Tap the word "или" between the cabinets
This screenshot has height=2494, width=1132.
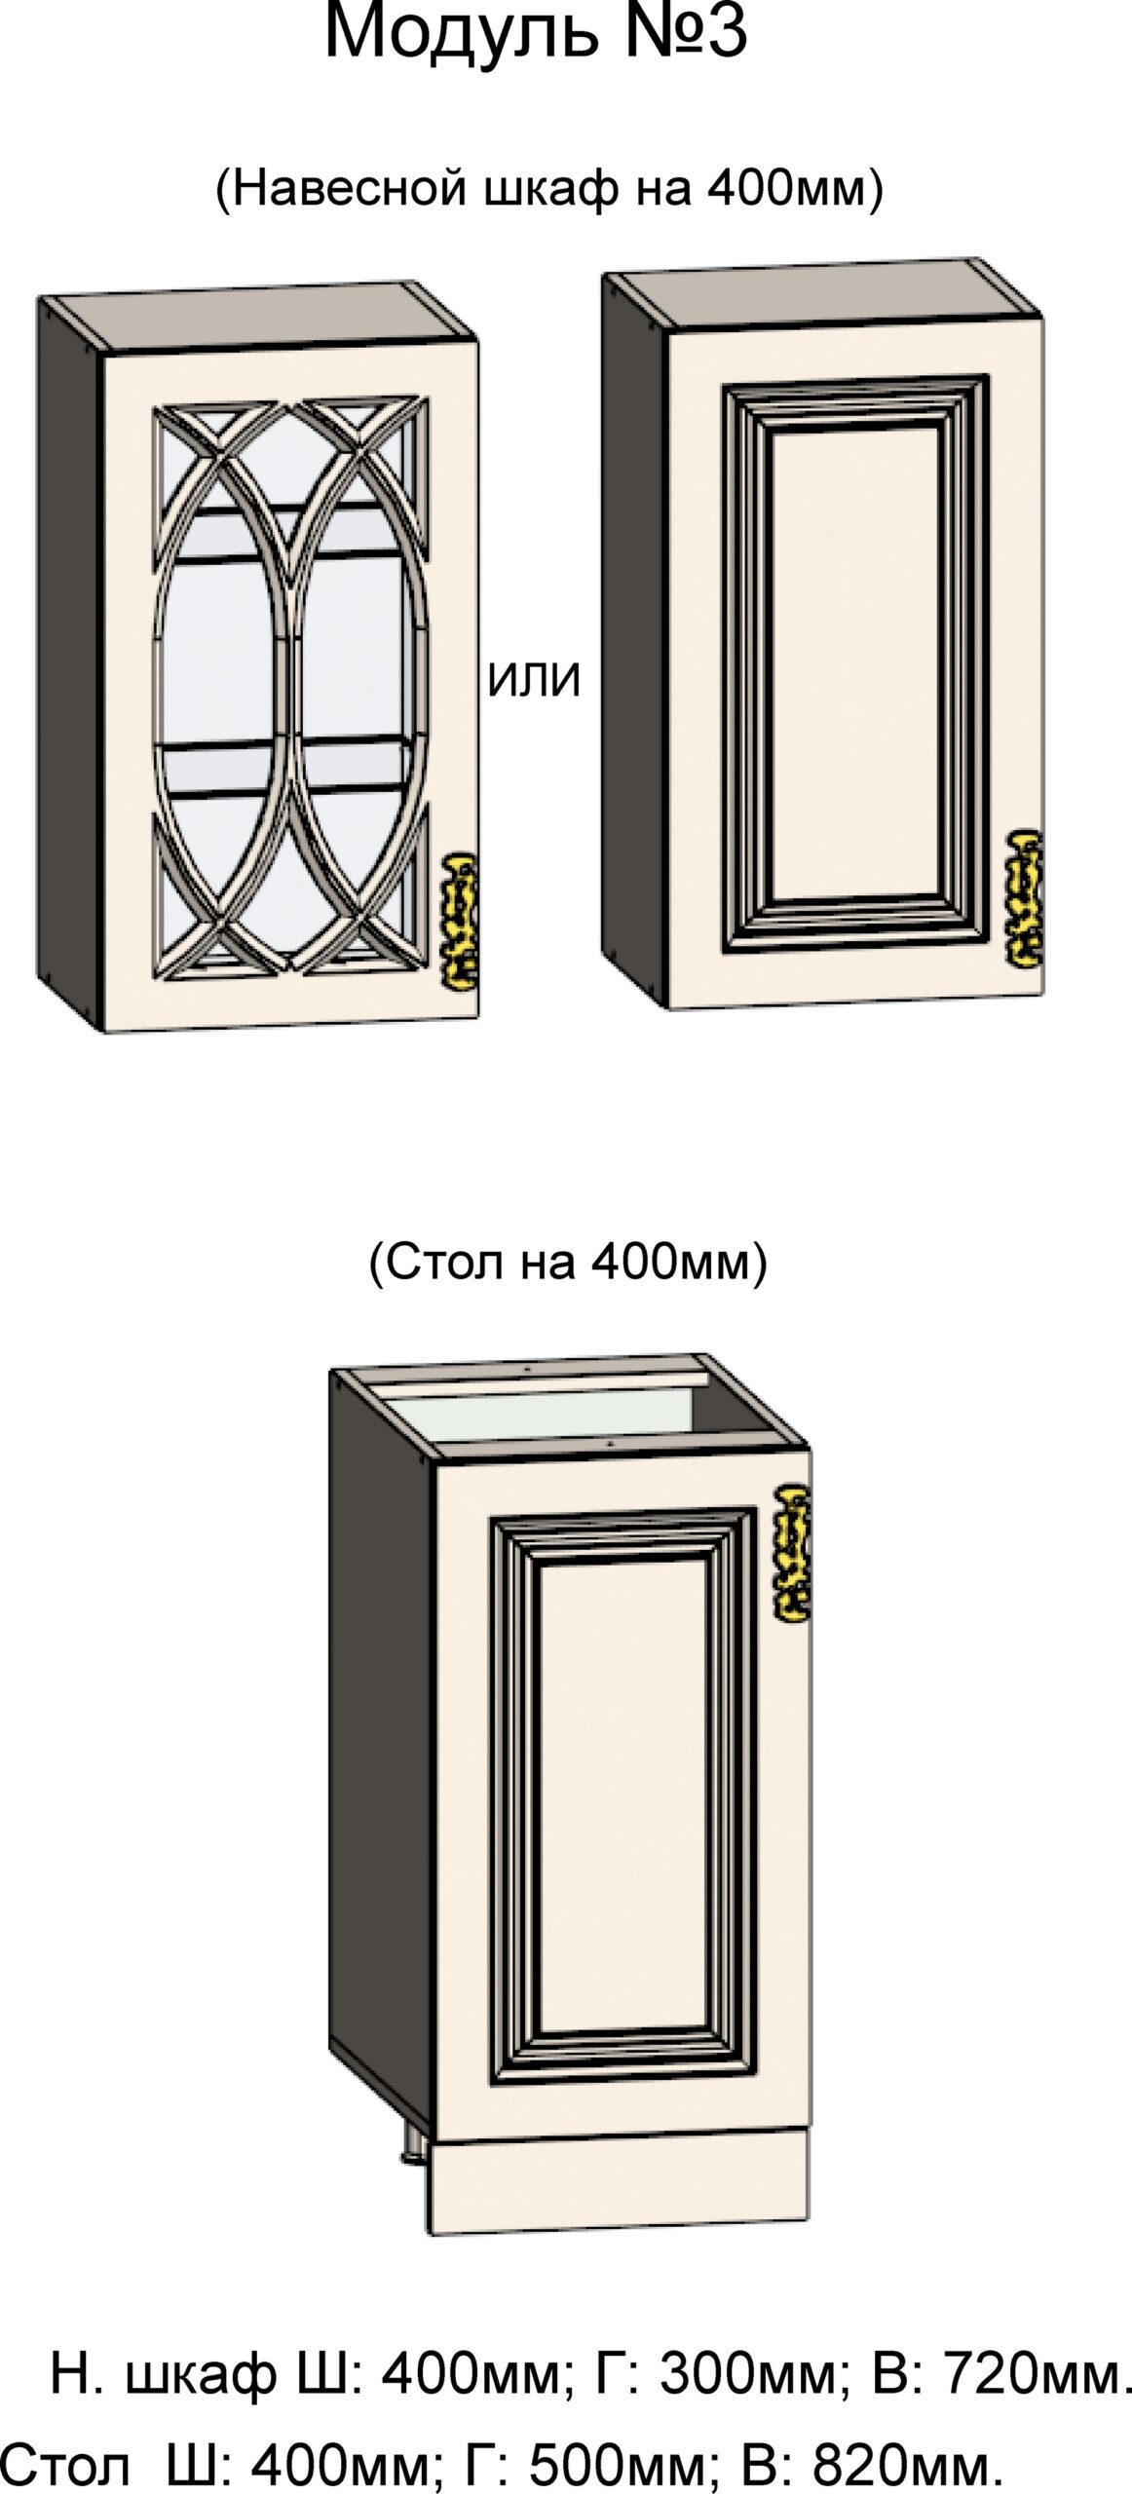pos(533,680)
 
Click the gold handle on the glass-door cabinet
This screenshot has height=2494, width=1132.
pos(461,918)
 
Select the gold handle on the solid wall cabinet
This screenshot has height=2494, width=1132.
pos(1026,897)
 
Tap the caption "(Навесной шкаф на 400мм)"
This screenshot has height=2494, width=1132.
pos(548,188)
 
